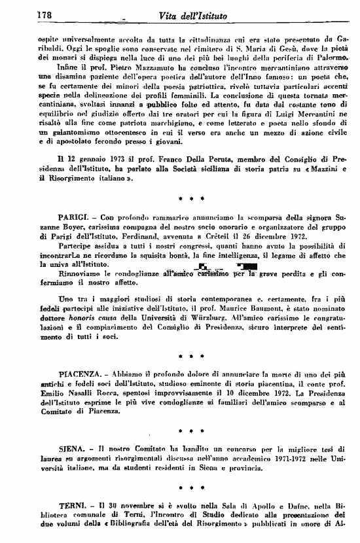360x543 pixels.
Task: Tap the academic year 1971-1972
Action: (281, 462)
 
